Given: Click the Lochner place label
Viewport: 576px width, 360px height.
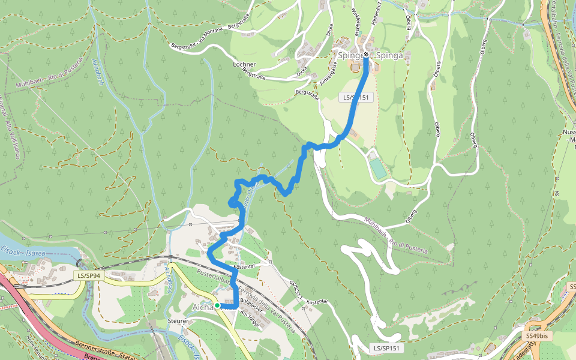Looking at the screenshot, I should pyautogui.click(x=244, y=64).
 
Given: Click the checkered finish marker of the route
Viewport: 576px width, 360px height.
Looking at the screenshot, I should pyautogui.click(x=366, y=55).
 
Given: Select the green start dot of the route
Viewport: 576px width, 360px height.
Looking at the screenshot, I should pyautogui.click(x=217, y=305).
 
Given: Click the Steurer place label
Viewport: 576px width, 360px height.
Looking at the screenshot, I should pyautogui.click(x=179, y=321).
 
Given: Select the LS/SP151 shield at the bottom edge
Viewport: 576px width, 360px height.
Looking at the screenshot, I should pyautogui.click(x=385, y=348).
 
